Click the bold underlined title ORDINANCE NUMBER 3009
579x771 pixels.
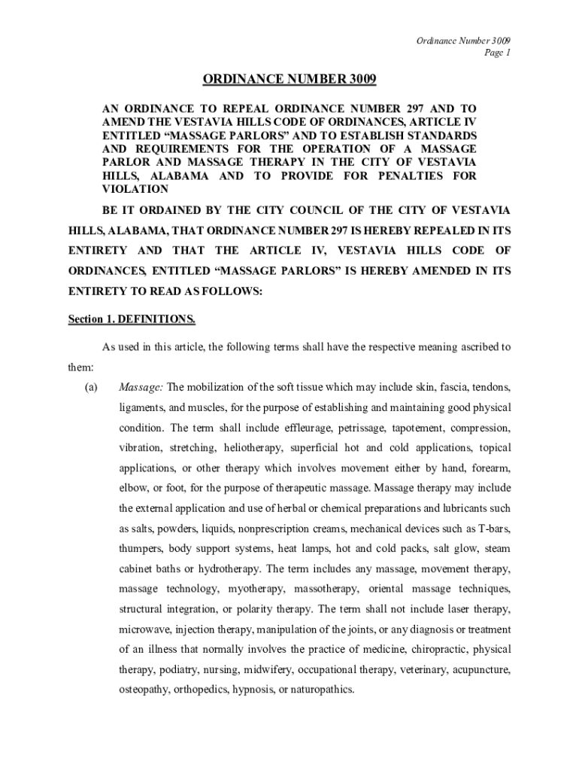coord(289,79)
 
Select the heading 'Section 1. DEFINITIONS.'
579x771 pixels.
coord(132,319)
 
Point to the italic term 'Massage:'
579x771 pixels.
coord(141,388)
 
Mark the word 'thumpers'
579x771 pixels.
coord(141,548)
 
